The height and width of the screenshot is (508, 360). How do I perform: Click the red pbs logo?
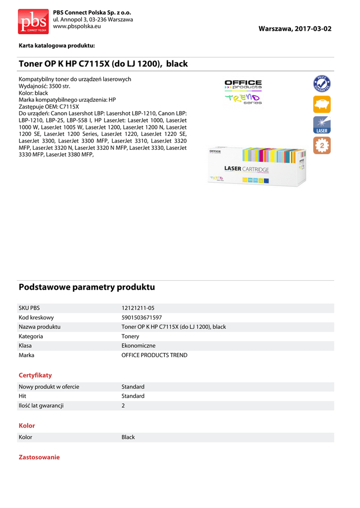point(33,21)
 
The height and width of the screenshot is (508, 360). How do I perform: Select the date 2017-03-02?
point(312,29)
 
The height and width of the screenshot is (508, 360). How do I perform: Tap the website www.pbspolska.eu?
point(77,26)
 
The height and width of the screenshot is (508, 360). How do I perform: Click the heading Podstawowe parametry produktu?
point(87,287)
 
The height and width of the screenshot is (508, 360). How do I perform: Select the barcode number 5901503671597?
point(142,317)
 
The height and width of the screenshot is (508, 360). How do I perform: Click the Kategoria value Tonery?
point(130,336)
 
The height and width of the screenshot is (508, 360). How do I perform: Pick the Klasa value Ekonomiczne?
point(139,346)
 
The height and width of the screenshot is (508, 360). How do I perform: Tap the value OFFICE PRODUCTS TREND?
point(154,355)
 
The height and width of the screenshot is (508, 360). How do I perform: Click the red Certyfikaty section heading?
point(35,375)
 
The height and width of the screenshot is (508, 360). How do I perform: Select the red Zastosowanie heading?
point(39,457)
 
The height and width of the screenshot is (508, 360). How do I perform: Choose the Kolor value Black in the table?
point(128,437)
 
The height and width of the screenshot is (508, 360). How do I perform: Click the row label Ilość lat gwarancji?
point(41,405)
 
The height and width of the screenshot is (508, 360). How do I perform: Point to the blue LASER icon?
point(322,125)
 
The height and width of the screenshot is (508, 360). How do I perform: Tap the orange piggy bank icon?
point(322,104)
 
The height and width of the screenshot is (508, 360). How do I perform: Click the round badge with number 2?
point(322,146)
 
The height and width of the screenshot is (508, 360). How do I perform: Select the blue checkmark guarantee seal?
point(322,83)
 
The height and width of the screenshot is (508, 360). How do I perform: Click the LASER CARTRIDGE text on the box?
point(246,169)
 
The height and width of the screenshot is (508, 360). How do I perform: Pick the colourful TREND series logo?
point(243,99)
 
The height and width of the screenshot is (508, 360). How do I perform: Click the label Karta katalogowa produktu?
point(57,46)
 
